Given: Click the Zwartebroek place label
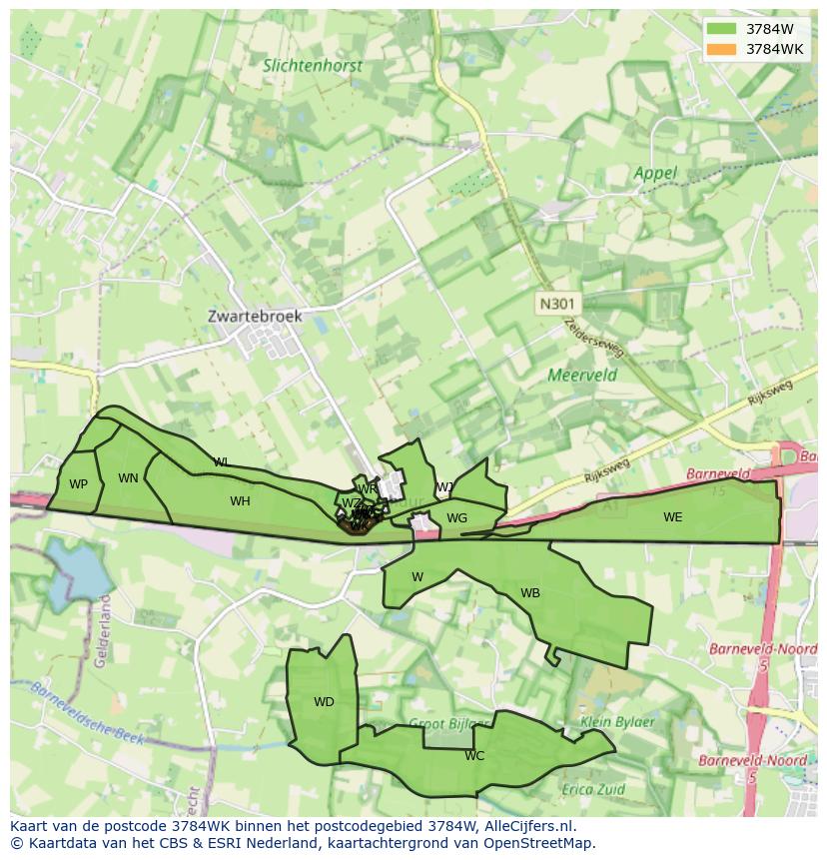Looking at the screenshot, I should click(x=255, y=316).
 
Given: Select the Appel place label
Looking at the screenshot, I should click(x=655, y=173).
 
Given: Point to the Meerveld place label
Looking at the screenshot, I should click(x=582, y=376).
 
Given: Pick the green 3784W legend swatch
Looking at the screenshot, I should click(x=719, y=29).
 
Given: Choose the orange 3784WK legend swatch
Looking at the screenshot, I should click(x=719, y=49).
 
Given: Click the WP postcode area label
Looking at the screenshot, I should click(x=79, y=484).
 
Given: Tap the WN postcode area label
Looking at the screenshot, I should click(x=128, y=478).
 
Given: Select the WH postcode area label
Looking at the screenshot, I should click(x=240, y=501).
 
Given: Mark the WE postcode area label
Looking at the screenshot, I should click(x=673, y=517).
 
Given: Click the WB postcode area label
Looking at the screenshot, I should click(x=530, y=593).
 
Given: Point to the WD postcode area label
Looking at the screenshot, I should click(x=324, y=702).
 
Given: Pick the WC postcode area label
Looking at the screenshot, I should click(x=474, y=756).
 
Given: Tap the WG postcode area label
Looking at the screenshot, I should click(x=456, y=518).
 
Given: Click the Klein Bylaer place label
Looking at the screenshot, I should click(x=617, y=721).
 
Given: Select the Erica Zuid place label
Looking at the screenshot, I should click(x=592, y=789).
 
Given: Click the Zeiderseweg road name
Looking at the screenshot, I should click(x=593, y=338).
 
